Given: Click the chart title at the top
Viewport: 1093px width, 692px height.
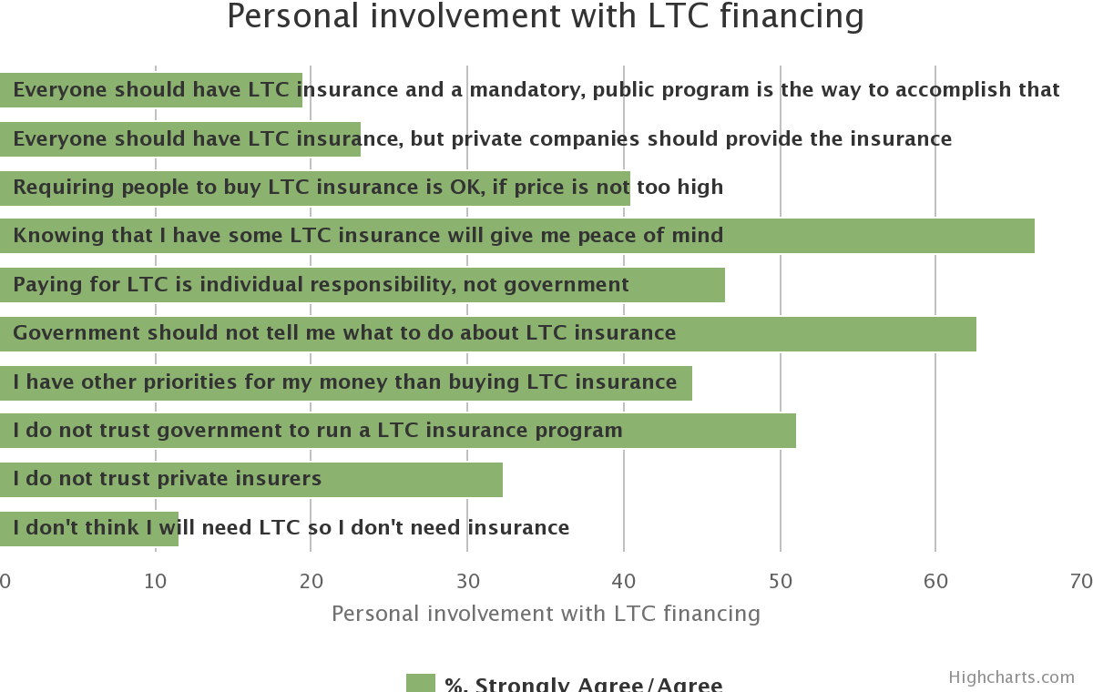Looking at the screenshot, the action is click(x=546, y=16).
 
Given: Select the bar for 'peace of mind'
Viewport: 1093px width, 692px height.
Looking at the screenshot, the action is click(x=517, y=236).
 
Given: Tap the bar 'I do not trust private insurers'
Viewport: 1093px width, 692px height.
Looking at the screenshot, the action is click(x=251, y=480).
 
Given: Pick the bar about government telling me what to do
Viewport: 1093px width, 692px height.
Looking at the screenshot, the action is click(x=488, y=334).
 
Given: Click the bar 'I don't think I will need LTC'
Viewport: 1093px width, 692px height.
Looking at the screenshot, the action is click(x=89, y=529).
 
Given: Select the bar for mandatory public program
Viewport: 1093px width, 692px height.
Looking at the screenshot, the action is click(x=151, y=90).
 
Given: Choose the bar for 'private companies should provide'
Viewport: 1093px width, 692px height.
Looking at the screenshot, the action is click(x=180, y=139).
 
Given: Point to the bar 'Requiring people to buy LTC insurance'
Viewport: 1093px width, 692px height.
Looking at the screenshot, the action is click(x=315, y=188).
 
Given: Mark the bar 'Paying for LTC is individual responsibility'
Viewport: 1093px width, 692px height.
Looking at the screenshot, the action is click(x=363, y=285).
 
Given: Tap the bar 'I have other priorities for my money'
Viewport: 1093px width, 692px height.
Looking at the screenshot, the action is click(x=346, y=383).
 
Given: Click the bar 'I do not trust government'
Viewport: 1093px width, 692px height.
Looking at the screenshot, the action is click(x=398, y=431).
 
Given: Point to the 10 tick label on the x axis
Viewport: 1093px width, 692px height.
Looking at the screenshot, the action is click(x=156, y=581).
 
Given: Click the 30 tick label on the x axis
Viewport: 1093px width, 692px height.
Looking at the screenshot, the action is click(x=468, y=581).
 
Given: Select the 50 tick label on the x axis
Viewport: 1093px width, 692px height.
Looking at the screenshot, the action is click(x=781, y=581).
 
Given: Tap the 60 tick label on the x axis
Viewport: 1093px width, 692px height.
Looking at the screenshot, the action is click(x=935, y=581).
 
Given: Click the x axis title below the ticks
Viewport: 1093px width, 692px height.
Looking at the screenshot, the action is click(x=546, y=614).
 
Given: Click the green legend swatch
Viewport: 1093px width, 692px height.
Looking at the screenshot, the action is click(x=421, y=683).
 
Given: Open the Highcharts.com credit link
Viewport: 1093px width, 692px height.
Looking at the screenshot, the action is click(x=1012, y=677).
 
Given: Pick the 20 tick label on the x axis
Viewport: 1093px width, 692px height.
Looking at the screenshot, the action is click(x=312, y=581).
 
